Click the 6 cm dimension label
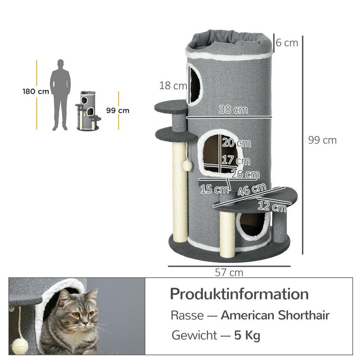287,43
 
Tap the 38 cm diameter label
233,110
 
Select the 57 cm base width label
229,273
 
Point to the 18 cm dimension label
173,85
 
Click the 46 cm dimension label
252,191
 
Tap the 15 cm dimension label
214,189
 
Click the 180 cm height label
36,92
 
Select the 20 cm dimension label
236,143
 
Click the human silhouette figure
60,95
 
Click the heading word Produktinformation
239,294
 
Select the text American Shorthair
275,315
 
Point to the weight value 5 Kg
247,335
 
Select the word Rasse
187,315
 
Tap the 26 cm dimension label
245,174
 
